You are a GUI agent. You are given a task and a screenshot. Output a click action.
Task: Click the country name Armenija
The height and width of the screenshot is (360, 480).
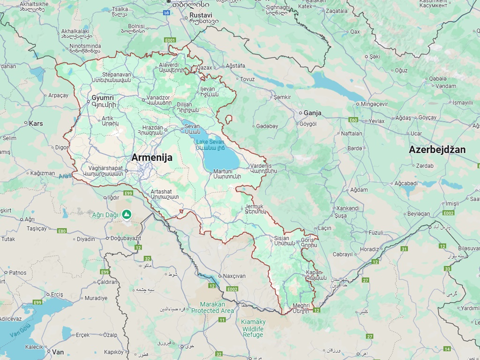click(x=151, y=157)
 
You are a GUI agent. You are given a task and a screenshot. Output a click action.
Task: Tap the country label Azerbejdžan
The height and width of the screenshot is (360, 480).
click(x=437, y=150)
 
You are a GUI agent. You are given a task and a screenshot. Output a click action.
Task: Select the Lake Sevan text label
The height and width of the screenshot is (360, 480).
click(x=210, y=142)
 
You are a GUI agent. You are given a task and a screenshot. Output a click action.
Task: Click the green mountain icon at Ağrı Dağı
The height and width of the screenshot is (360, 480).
click(x=126, y=214)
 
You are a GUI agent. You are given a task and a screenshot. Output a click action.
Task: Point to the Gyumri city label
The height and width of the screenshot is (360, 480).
click(x=103, y=98)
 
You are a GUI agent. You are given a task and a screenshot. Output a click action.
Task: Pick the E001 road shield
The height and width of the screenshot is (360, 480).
click(x=170, y=40)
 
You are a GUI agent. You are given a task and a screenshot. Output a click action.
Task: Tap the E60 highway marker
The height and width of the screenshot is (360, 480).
click(x=353, y=120)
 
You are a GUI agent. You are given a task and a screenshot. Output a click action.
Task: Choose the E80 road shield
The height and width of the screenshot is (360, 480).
click(x=62, y=231)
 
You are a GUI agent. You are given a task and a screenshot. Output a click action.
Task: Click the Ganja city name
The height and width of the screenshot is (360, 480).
click(x=312, y=113)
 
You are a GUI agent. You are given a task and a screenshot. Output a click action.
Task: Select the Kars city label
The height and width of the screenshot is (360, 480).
click(x=36, y=124)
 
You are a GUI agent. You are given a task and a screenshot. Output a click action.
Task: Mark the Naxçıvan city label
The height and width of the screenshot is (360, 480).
click(x=234, y=276)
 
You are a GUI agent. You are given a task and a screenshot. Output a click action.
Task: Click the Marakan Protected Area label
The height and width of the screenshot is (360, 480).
click(x=212, y=307)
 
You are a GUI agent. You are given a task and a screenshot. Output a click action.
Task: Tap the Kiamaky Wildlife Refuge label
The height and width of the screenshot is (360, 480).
click(x=253, y=328)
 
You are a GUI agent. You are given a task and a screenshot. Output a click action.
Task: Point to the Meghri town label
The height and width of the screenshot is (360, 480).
click(x=300, y=305)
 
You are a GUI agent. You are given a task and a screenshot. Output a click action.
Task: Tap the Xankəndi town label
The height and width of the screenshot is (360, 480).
click(x=347, y=208)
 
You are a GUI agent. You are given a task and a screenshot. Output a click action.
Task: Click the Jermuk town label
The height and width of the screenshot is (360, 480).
click(x=254, y=206)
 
